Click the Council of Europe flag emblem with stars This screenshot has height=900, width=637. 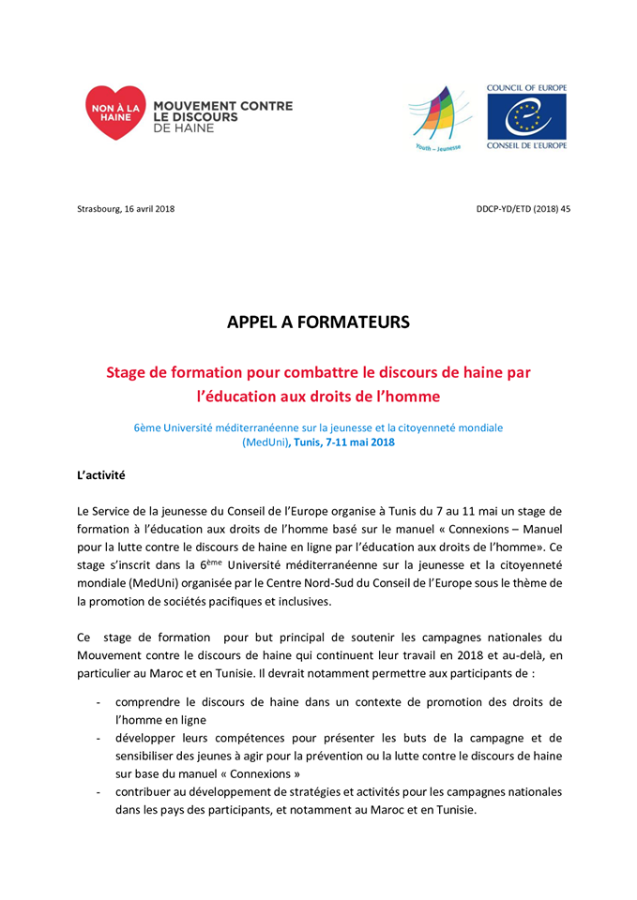click(x=525, y=117)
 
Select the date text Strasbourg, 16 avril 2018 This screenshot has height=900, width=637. click(x=126, y=208)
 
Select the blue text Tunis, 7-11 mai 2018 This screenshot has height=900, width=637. click(x=343, y=442)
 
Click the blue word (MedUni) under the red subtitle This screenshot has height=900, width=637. click(x=265, y=442)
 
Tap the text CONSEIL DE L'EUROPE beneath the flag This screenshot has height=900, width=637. click(x=525, y=145)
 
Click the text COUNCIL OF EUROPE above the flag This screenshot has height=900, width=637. click(x=525, y=88)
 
